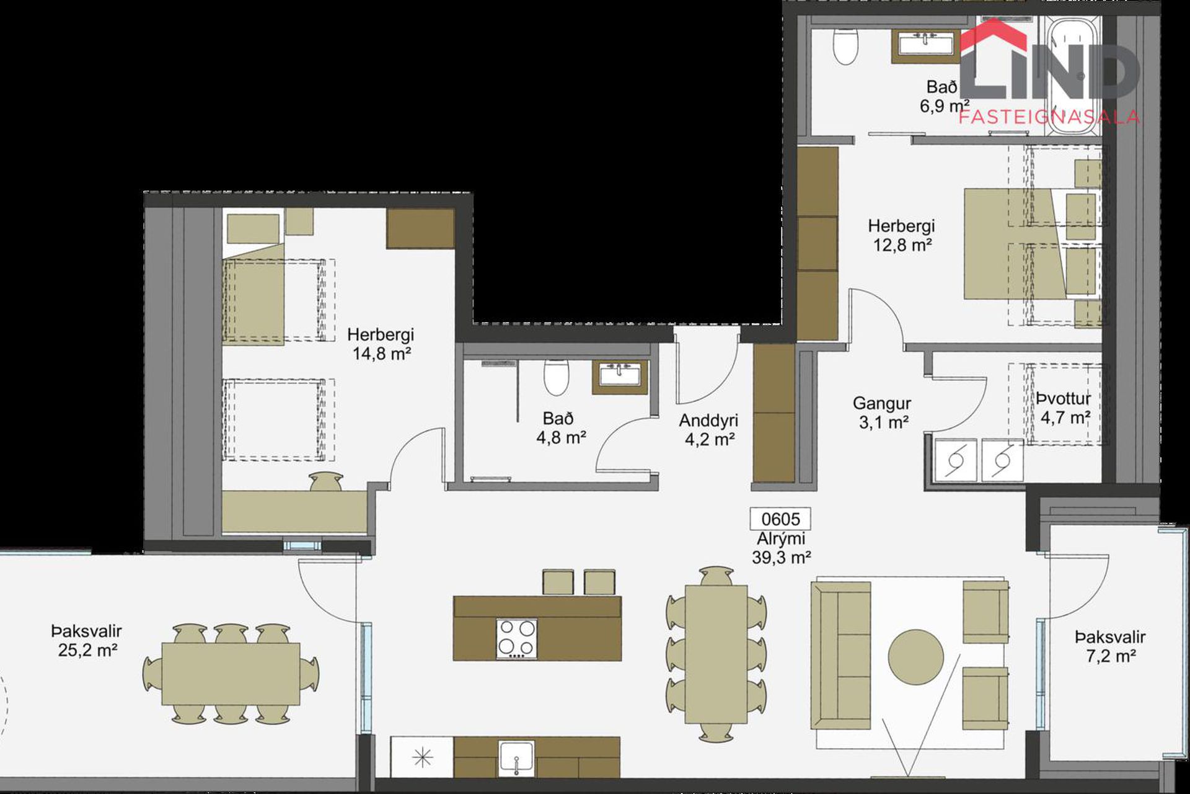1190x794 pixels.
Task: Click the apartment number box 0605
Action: (780, 519)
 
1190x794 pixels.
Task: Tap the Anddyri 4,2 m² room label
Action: (709, 430)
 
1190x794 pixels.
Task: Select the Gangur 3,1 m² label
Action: (882, 413)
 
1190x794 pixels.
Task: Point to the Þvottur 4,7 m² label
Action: (1064, 408)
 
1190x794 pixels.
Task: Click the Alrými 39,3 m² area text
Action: (781, 548)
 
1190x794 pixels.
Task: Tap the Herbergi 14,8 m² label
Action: (381, 344)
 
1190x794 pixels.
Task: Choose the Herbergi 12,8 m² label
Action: (901, 235)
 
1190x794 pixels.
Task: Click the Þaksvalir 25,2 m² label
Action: (87, 640)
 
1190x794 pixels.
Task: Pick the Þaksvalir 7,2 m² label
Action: (1110, 646)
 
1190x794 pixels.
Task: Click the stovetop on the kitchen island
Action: (516, 639)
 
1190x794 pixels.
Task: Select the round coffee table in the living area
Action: (915, 656)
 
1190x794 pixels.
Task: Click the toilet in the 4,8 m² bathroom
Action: (556, 376)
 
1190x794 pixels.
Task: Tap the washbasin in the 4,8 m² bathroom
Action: (619, 376)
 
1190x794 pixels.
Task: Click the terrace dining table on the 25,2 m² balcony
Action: (231, 674)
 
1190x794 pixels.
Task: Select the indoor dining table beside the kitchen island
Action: (716, 654)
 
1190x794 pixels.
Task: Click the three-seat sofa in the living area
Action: (841, 655)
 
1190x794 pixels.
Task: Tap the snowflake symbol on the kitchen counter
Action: (423, 757)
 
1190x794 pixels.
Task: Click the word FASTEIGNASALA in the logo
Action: (1049, 117)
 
